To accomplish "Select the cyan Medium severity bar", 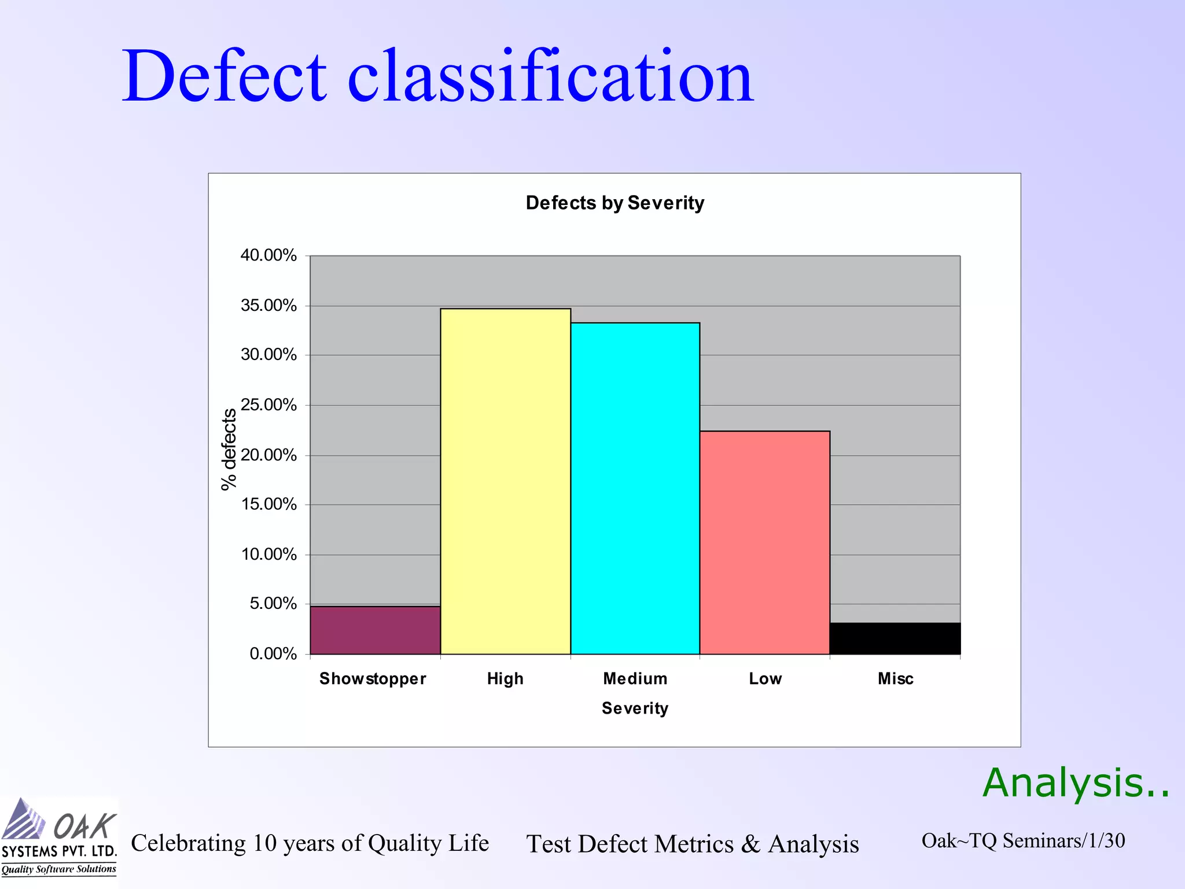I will (x=635, y=488).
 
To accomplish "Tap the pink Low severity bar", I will (x=764, y=542).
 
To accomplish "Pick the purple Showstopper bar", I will (x=375, y=630).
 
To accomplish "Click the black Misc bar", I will (x=895, y=638).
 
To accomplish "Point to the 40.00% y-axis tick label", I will (x=268, y=255).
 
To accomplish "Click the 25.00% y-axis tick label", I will (x=268, y=405).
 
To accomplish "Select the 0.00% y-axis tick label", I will (x=273, y=654).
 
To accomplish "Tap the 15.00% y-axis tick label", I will (x=268, y=504).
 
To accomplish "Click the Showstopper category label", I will (x=373, y=678).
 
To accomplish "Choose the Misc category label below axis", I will (x=895, y=678).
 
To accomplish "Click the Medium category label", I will (x=635, y=678).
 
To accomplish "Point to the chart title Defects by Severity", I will (x=614, y=203).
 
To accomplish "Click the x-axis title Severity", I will (x=635, y=708).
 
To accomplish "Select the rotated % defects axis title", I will (x=229, y=449).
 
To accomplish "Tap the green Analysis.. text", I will (x=1076, y=783).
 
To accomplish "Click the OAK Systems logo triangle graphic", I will (x=23, y=820).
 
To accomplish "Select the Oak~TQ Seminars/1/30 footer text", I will (x=1022, y=840).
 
